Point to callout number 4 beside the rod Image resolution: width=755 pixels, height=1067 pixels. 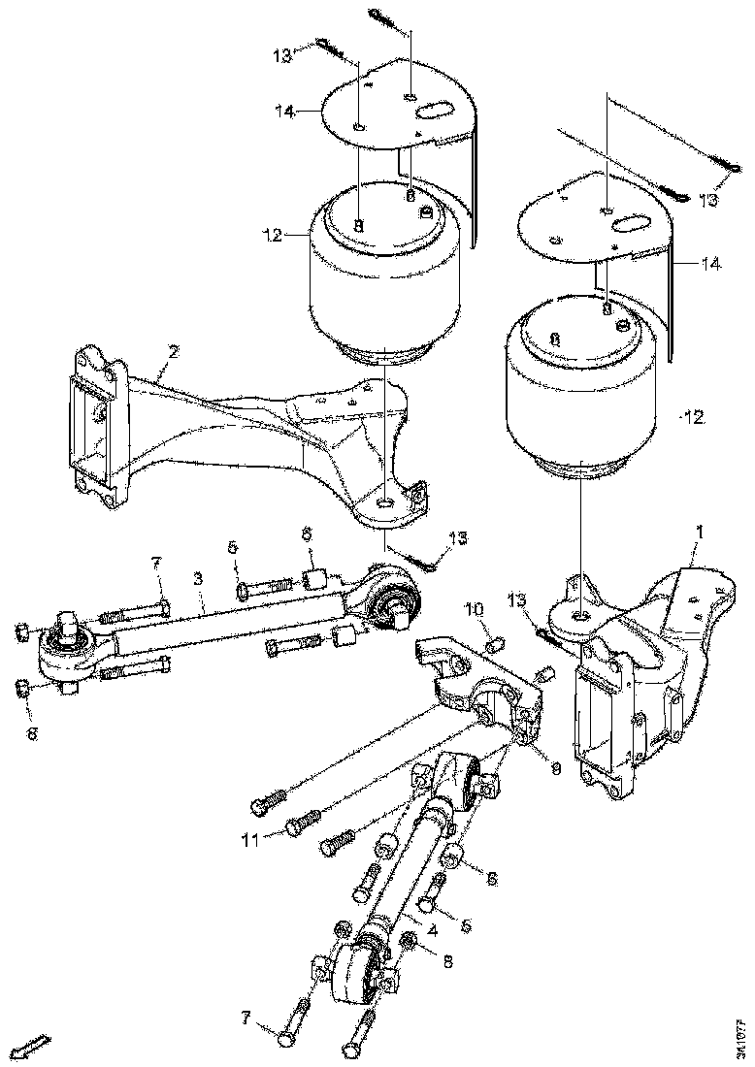click(x=431, y=929)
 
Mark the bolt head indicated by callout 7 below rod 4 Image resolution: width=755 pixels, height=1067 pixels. click(x=283, y=1039)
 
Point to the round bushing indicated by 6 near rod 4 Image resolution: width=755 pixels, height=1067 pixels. click(x=450, y=858)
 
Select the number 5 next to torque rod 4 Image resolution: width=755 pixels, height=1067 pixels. click(x=465, y=925)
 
